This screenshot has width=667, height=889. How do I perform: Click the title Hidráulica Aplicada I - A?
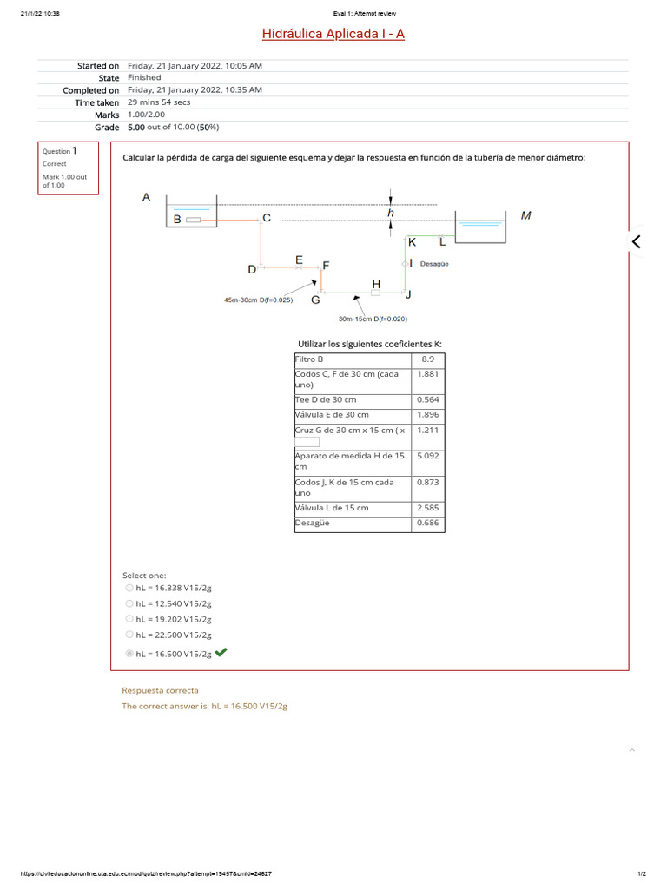click(333, 34)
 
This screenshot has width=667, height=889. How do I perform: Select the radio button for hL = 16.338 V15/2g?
click(129, 588)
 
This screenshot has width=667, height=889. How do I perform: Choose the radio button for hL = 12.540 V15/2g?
click(129, 603)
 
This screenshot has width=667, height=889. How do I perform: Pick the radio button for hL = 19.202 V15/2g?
click(129, 619)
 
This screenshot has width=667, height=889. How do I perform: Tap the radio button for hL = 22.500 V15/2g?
click(129, 635)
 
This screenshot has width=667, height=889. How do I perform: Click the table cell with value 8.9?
click(427, 359)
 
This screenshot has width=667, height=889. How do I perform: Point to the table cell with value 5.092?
click(427, 455)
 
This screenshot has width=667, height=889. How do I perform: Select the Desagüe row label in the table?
click(313, 524)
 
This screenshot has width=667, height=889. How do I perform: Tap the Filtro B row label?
click(310, 359)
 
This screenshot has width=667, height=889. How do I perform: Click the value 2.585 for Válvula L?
click(427, 508)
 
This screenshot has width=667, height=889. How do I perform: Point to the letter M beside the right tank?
click(525, 215)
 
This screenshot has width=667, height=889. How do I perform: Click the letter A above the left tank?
click(146, 198)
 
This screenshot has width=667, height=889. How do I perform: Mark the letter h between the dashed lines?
click(391, 213)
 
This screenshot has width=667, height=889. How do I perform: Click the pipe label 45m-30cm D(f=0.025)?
click(258, 300)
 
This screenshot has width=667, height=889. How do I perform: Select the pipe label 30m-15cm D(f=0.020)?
click(373, 319)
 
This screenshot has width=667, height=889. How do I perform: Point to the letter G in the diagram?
click(315, 300)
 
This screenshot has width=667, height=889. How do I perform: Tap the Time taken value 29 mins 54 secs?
click(159, 102)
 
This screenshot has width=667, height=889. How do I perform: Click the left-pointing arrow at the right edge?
click(637, 242)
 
